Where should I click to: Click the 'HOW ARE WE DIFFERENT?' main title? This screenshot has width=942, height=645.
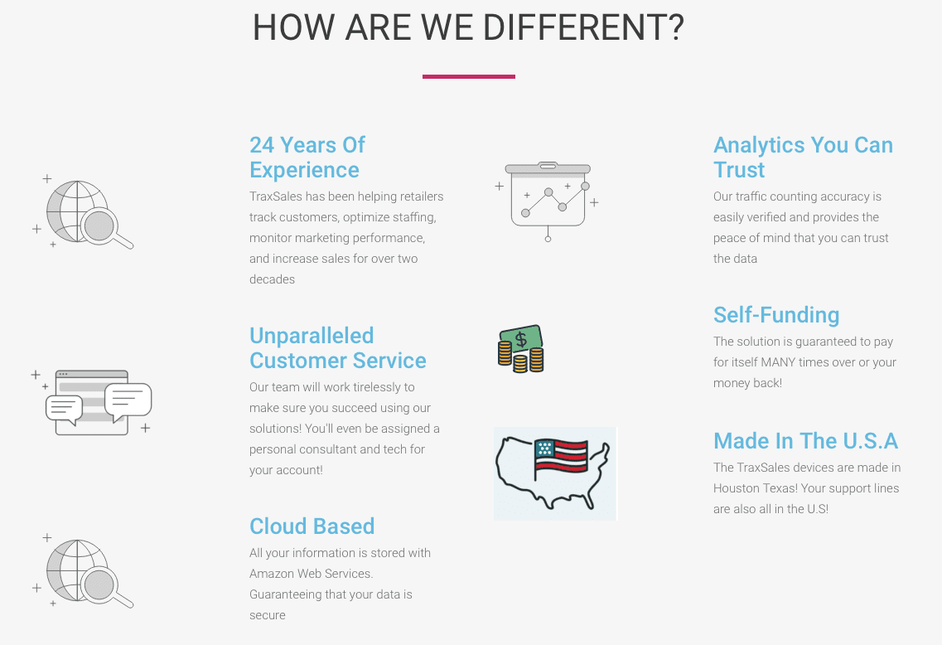[468, 27]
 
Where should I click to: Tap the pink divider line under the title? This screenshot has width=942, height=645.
[468, 76]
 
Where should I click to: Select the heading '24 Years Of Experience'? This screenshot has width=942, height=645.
[307, 158]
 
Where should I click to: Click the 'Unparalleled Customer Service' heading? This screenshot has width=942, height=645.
[337, 348]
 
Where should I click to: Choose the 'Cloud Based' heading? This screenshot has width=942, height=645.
[312, 526]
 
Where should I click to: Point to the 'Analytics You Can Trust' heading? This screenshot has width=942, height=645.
[803, 158]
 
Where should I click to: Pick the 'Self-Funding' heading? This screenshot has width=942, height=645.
[776, 315]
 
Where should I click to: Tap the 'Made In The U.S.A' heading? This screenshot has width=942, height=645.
[805, 440]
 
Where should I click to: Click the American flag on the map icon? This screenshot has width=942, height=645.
[560, 458]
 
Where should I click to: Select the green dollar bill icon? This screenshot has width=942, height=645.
[522, 339]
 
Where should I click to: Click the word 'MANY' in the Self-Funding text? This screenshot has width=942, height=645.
[778, 362]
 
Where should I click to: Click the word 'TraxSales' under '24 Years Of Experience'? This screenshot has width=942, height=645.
[276, 196]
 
